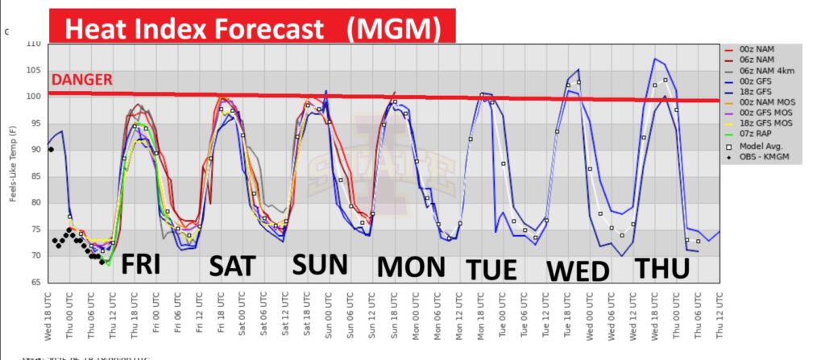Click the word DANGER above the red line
pyautogui.click(x=81, y=80)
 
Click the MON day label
pyautogui.click(x=411, y=266)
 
